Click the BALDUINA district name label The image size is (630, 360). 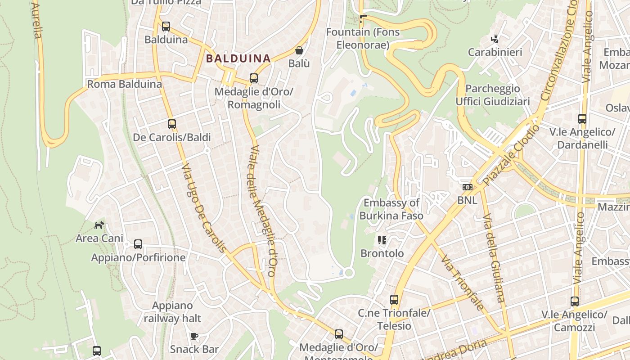click(238, 58)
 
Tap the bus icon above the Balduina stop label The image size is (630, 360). click(166, 27)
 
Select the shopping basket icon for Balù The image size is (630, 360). click(299, 50)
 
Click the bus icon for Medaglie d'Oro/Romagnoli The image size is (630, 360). click(254, 78)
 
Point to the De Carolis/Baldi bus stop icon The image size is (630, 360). click(172, 124)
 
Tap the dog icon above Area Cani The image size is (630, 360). click(99, 225)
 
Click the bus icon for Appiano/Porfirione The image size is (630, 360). click(138, 244)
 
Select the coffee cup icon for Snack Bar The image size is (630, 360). click(194, 336)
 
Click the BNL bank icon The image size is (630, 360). click(467, 187)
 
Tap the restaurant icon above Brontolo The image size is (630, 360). click(382, 240)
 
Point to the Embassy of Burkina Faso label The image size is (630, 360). click(391, 209)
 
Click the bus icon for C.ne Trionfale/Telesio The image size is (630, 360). click(394, 299)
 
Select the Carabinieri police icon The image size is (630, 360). click(495, 39)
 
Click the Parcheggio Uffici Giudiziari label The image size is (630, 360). click(493, 95)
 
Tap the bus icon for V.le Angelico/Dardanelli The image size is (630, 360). click(582, 119)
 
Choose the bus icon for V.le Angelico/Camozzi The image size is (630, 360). click(575, 301)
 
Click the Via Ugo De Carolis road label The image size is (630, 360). click(203, 208)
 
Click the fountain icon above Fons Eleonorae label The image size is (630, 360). click(363, 19)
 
